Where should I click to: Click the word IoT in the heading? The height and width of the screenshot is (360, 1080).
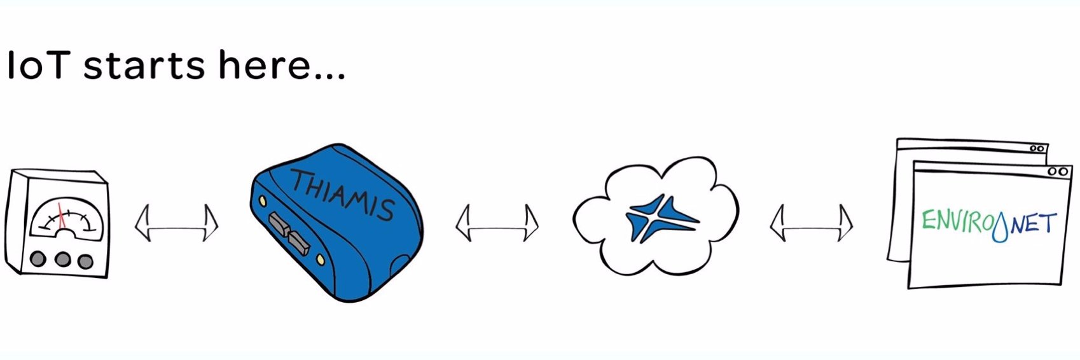pos(39,65)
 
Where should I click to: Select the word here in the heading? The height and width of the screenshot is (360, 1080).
pos(264,65)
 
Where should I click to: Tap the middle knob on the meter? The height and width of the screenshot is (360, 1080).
pos(62,260)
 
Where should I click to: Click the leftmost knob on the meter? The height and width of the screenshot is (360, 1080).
pos(38,259)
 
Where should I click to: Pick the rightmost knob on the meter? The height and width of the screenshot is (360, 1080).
pos(85,261)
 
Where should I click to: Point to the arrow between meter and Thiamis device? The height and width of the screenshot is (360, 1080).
pos(176,223)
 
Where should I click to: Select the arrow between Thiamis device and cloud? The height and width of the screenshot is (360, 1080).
pos(497,223)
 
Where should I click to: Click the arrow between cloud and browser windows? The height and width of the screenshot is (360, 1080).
pos(812,223)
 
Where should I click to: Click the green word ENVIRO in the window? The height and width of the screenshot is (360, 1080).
pos(956,223)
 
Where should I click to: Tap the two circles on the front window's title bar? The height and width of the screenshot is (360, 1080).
pos(1057,171)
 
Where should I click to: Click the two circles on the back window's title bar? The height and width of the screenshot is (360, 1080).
pos(1037,148)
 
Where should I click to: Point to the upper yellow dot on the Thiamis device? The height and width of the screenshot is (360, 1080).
pos(263,200)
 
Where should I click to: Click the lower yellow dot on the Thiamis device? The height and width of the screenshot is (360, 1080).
pos(320,260)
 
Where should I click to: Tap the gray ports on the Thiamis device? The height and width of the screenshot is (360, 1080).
pos(289,233)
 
